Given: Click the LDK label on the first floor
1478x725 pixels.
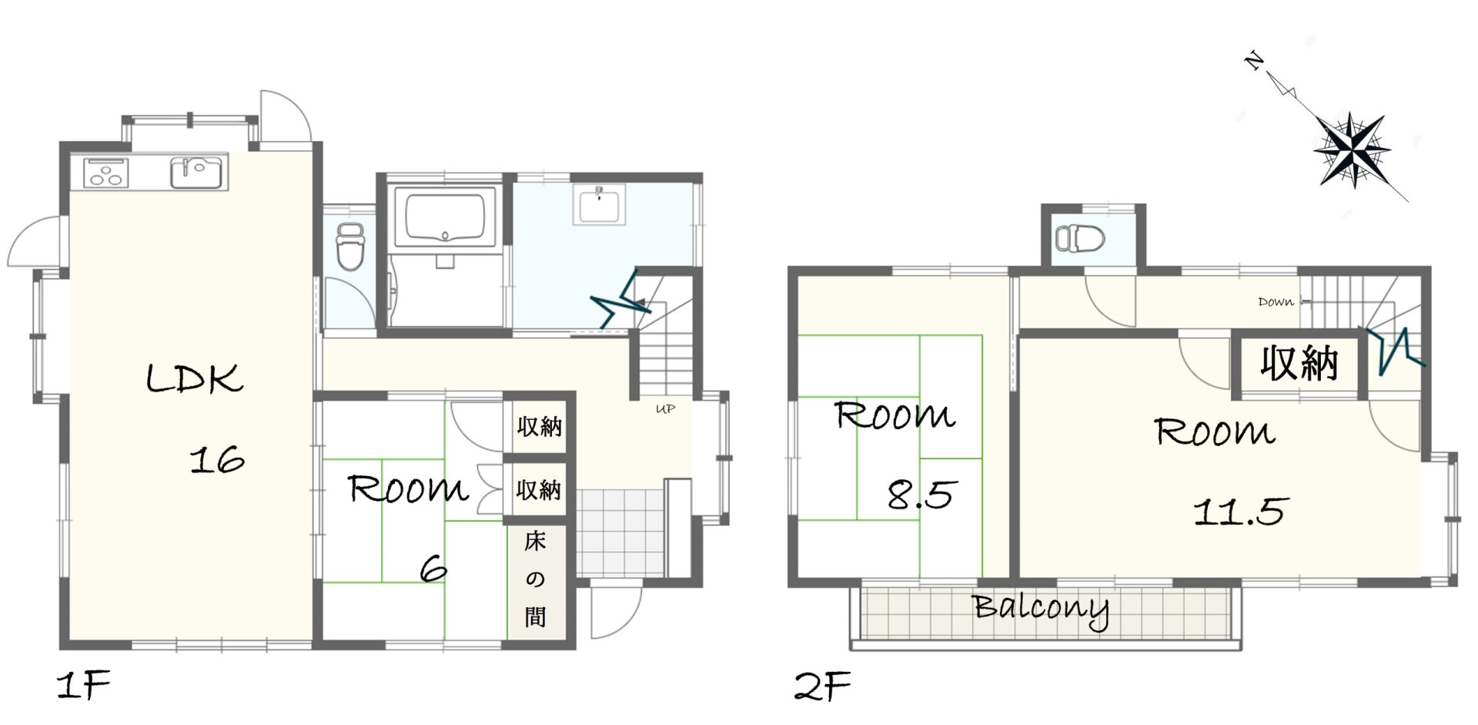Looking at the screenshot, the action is click(x=195, y=378).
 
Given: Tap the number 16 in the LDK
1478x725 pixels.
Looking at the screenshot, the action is click(x=217, y=460).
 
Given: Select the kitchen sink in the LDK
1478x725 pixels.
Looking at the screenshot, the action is click(x=196, y=173).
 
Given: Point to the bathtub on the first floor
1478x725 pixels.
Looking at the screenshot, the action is click(x=445, y=216).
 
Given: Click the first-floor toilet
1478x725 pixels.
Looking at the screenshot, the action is click(x=350, y=246).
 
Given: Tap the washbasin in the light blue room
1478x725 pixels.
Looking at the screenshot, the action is click(x=599, y=204).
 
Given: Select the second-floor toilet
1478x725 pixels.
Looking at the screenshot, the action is click(x=1080, y=238).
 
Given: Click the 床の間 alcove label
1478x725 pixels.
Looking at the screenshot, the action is click(x=535, y=579).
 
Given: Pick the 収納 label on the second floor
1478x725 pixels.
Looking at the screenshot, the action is click(x=1299, y=363).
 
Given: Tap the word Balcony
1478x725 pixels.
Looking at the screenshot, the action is click(x=1041, y=610).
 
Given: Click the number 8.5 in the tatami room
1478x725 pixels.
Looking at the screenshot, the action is click(x=921, y=494).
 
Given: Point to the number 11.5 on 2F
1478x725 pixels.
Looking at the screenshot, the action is click(x=1240, y=511).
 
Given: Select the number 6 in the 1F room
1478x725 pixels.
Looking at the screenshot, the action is click(x=433, y=569).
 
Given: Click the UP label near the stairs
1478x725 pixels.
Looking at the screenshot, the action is click(x=665, y=409).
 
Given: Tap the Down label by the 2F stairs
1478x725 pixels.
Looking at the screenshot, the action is click(x=1276, y=302).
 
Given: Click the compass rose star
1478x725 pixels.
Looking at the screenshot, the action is click(x=1352, y=150).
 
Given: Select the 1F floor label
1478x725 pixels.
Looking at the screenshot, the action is click(x=83, y=684).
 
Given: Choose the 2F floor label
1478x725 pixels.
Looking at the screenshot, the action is click(x=822, y=686).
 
